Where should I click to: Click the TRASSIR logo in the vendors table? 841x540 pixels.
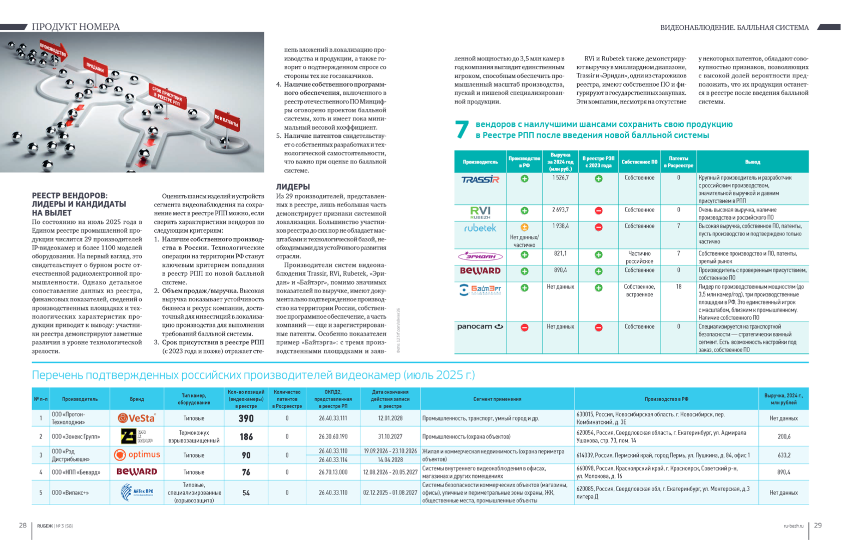pyautogui.click(x=480, y=179)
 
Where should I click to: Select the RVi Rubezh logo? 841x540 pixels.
pyautogui.click(x=480, y=212)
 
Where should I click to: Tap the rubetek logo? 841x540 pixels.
pyautogui.click(x=480, y=228)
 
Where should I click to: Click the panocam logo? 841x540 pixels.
pyautogui.click(x=480, y=326)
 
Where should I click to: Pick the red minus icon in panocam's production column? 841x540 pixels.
pyautogui.click(x=524, y=327)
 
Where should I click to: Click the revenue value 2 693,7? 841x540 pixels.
pyautogui.click(x=560, y=210)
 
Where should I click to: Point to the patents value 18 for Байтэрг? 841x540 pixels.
pyautogui.click(x=678, y=287)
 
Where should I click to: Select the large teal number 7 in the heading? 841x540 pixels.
pyautogui.click(x=462, y=129)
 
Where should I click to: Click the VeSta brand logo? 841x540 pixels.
pyautogui.click(x=137, y=418)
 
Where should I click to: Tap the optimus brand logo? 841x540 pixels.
pyautogui.click(x=137, y=454)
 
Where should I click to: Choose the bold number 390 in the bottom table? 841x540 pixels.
pyautogui.click(x=246, y=418)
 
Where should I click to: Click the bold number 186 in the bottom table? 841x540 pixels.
pyautogui.click(x=246, y=437)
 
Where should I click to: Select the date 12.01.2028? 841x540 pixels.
pyautogui.click(x=390, y=418)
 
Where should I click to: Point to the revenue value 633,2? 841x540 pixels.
pyautogui.click(x=783, y=455)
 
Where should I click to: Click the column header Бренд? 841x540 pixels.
pyautogui.click(x=137, y=399)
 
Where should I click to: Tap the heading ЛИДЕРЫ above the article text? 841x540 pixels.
pyautogui.click(x=293, y=187)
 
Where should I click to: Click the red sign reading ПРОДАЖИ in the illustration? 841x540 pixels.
pyautogui.click(x=95, y=67)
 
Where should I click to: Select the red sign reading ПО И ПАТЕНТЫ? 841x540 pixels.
pyautogui.click(x=227, y=120)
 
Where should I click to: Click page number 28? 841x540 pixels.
pyautogui.click(x=23, y=525)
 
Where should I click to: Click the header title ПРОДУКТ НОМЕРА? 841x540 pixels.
pyautogui.click(x=76, y=27)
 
